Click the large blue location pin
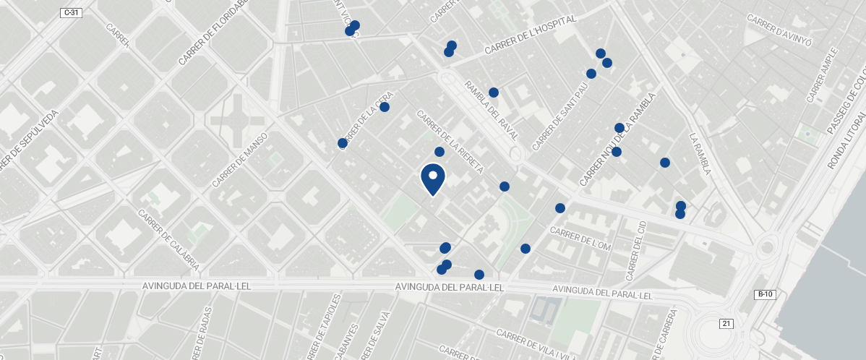coord(432,180)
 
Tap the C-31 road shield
coord(70,12)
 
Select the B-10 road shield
coord(765,294)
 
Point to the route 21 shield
coord(726,323)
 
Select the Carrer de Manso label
coord(240,159)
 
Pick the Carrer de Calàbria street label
coord(168,240)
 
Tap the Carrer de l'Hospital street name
coord(531,35)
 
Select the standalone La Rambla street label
coord(700,153)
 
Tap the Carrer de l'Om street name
coord(580,239)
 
